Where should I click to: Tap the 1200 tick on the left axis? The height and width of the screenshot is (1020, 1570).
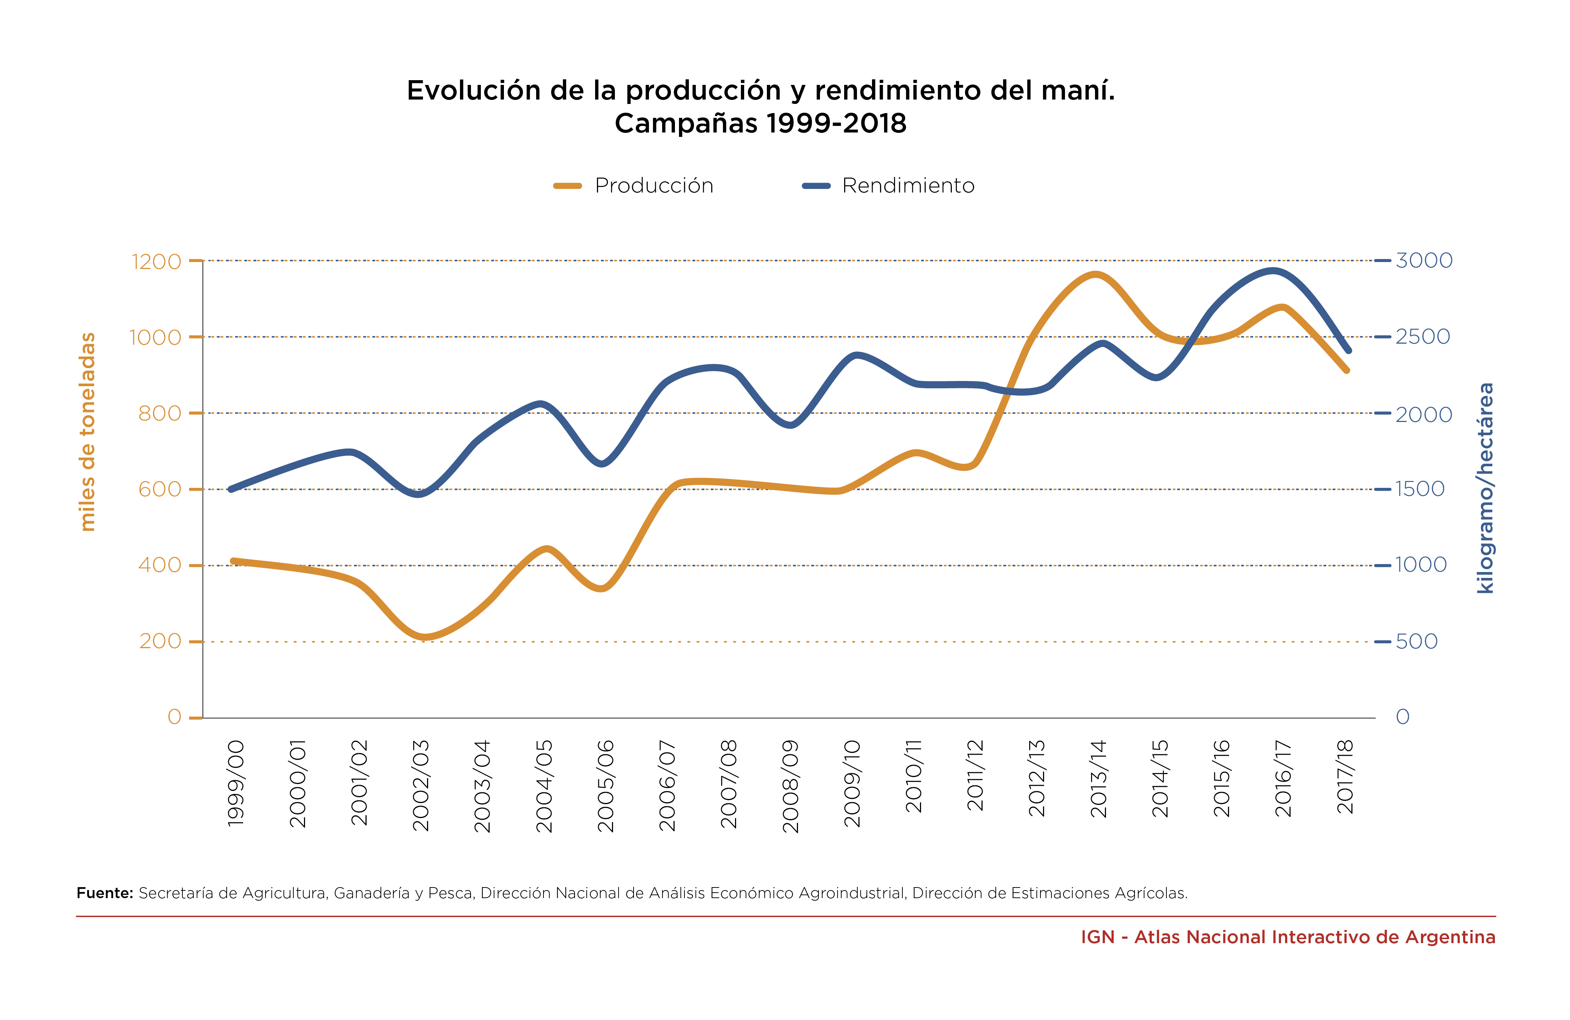click(156, 262)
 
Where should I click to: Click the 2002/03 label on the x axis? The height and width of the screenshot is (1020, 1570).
click(421, 785)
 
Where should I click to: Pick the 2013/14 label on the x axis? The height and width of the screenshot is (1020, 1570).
click(1098, 779)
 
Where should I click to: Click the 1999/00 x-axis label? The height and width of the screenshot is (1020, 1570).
click(235, 782)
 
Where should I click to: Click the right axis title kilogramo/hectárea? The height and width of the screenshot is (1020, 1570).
click(1485, 488)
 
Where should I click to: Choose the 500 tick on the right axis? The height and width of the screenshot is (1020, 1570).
click(1416, 642)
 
